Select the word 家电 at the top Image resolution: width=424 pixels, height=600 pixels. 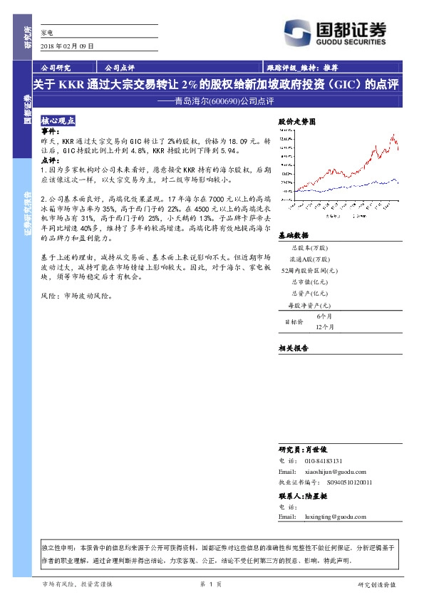click(48, 33)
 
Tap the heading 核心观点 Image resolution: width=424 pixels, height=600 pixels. click(58, 121)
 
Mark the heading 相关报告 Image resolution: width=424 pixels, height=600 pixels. click(293, 348)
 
